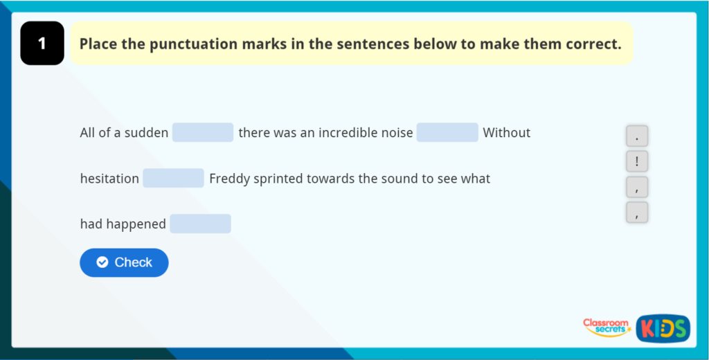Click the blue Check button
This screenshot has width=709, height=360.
pos(124,262)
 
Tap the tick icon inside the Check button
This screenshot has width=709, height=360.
pos(102,262)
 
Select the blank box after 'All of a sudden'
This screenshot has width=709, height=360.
pos(203,132)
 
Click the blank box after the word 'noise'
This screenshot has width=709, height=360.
pos(447,132)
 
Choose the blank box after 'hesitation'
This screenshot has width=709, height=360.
pos(173,178)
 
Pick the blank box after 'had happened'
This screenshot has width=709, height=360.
pos(200,224)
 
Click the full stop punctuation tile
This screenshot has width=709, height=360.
pos(636,136)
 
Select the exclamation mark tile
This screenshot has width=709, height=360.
pos(636,162)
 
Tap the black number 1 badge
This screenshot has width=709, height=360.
pos(42,44)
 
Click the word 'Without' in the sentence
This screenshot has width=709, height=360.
pos(507,132)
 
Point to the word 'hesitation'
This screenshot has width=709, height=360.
pos(109,179)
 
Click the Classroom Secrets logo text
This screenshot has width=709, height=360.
pos(606,326)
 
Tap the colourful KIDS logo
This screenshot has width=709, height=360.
pos(663,328)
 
